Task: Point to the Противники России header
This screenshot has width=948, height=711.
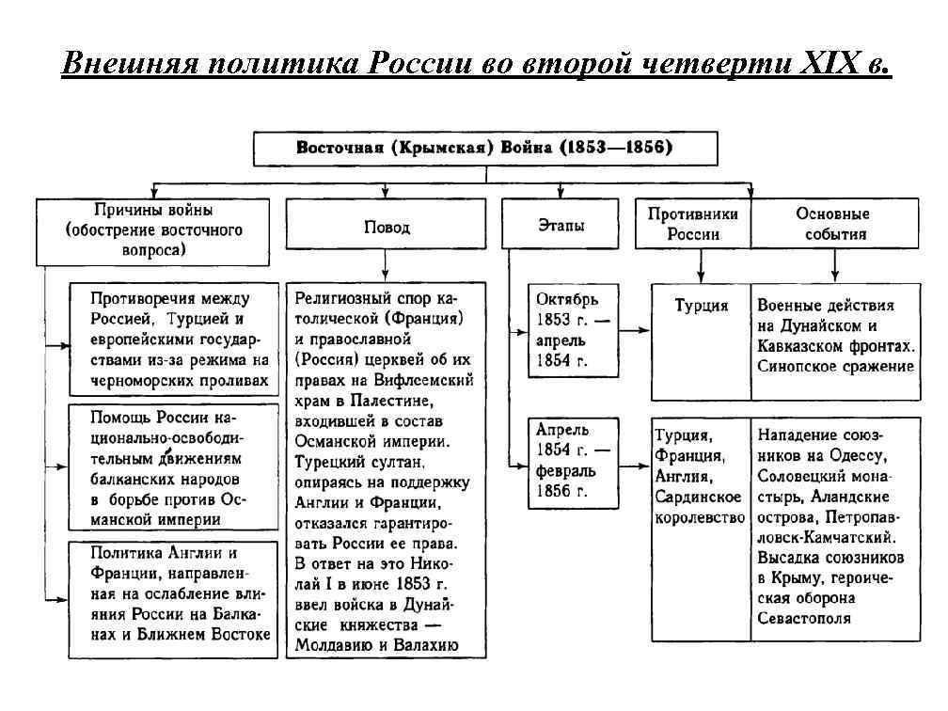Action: [693, 224]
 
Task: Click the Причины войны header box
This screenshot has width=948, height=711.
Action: [153, 229]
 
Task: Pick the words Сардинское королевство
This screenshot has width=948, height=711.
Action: [700, 507]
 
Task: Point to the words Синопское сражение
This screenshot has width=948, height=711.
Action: [835, 366]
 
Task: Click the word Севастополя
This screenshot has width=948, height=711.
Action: [803, 618]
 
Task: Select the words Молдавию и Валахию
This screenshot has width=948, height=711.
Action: [376, 645]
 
